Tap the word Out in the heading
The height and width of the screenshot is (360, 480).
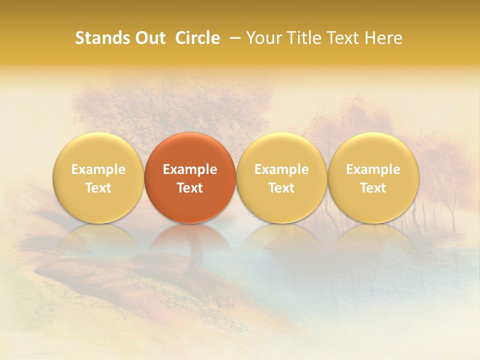149,38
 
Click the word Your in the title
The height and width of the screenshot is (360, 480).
264,38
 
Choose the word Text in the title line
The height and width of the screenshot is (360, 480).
341,38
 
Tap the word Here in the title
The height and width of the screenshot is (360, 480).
383,38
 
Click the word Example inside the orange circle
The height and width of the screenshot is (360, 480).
190,169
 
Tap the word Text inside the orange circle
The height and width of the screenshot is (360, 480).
190,188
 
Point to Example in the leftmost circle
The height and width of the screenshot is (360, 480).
98,169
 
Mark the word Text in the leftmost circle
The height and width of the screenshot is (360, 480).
98,188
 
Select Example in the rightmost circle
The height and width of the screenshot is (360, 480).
373,169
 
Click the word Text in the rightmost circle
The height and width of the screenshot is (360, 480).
373,188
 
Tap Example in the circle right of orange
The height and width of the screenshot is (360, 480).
281,169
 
